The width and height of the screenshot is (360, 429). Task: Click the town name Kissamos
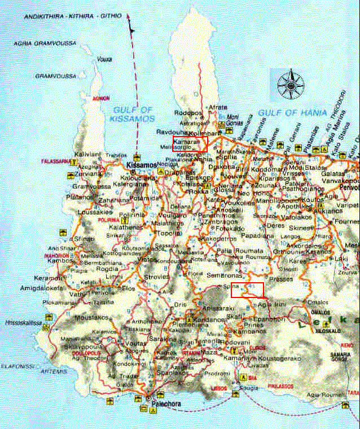pos(139,165)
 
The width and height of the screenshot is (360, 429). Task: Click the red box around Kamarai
pos(190,143)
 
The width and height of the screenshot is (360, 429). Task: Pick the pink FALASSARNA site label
pos(54,161)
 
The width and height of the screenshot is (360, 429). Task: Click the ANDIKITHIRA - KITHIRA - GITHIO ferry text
pos(72,17)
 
